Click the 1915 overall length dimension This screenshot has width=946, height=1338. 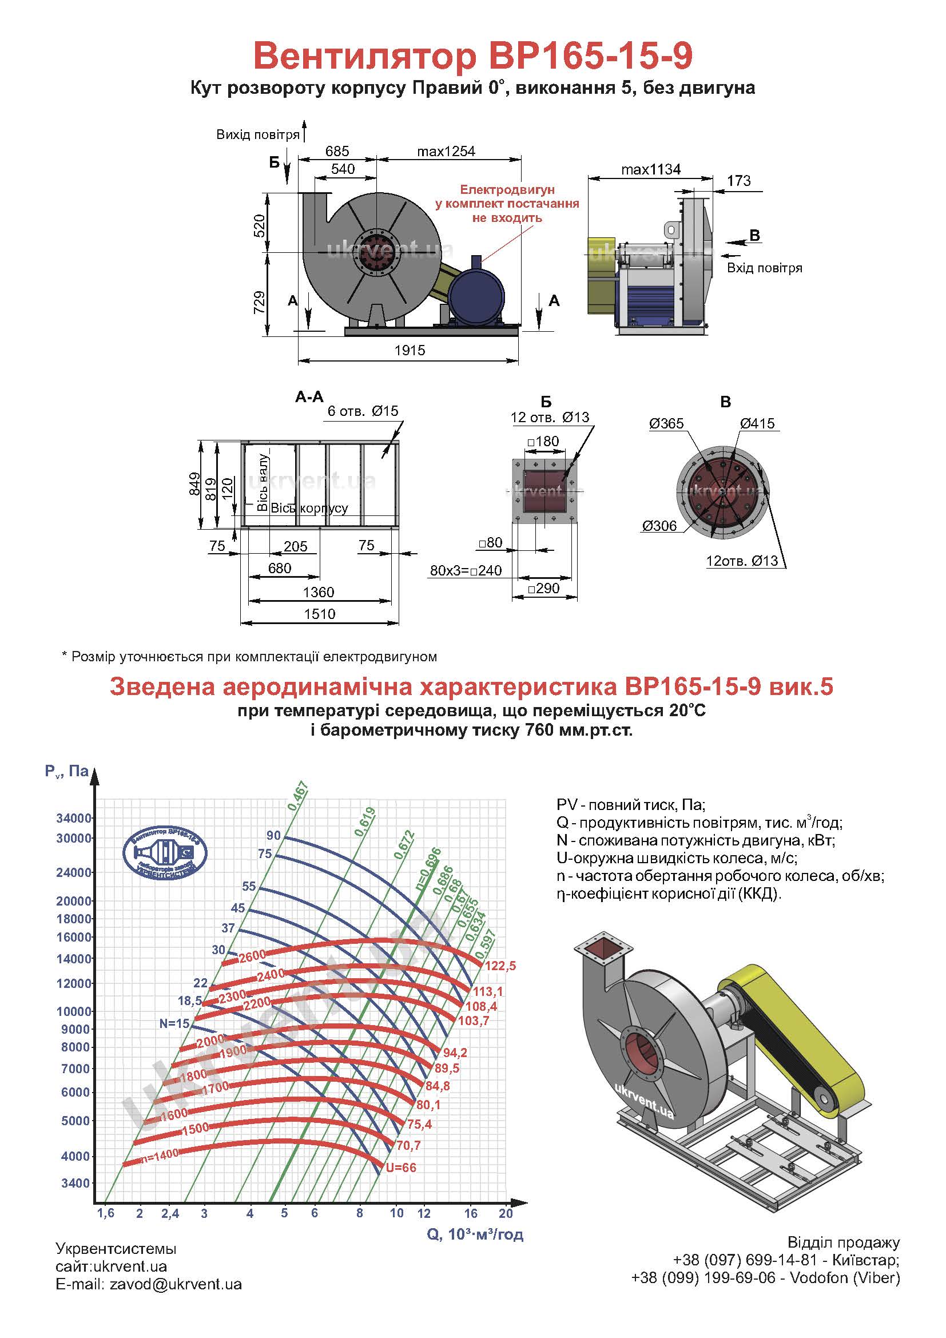(x=410, y=350)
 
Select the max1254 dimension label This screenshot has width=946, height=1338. (x=446, y=152)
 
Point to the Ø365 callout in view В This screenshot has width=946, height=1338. (x=666, y=424)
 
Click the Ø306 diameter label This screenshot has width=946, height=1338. (x=659, y=526)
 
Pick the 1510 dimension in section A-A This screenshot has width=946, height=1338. (x=319, y=614)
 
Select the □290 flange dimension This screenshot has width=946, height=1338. (x=543, y=589)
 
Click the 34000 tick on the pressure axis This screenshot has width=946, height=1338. (x=74, y=818)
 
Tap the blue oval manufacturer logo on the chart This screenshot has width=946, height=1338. (x=165, y=852)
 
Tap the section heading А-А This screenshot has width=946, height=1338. (x=309, y=397)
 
